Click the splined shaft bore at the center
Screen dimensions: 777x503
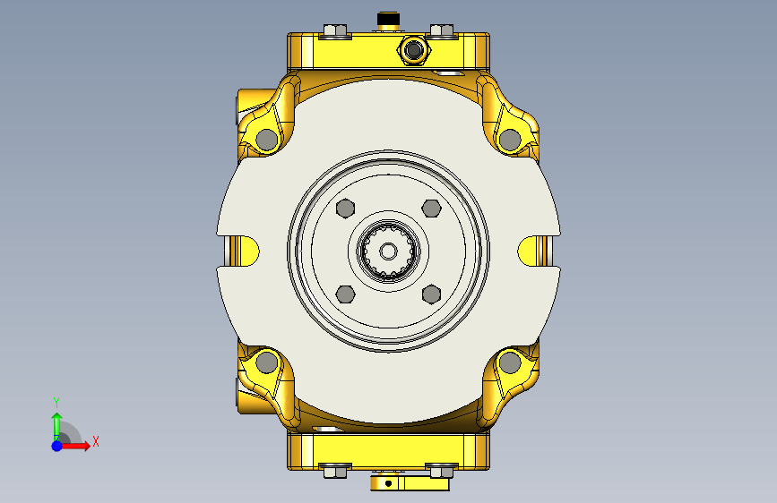389,251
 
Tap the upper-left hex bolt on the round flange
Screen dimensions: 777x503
345,209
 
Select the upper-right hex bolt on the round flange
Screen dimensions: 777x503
432,209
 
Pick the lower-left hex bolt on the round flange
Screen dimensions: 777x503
345,294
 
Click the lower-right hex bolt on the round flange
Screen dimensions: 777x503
432,294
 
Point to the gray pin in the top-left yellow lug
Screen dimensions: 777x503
267,141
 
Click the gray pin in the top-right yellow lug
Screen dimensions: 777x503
510,141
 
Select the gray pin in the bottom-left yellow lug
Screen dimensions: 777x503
267,362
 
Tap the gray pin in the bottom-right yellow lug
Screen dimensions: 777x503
510,362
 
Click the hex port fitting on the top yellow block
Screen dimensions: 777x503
414,49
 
